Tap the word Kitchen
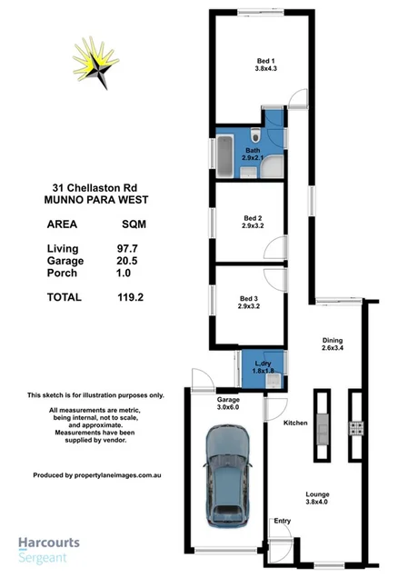click(x=296, y=424)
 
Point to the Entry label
click(x=282, y=521)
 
